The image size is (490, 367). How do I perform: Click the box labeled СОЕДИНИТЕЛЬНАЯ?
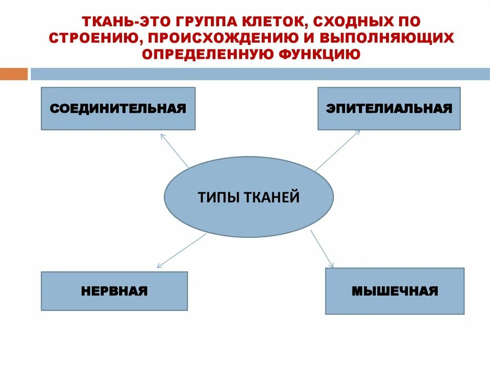coord(118,109)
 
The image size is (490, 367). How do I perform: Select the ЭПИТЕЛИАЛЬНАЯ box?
coord(389,109)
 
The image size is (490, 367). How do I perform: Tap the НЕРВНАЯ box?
coord(114,291)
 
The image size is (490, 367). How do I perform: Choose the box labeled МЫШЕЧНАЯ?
coord(395,291)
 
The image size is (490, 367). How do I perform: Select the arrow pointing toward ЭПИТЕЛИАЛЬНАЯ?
coord(337,150)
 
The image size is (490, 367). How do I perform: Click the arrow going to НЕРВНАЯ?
coord(182,250)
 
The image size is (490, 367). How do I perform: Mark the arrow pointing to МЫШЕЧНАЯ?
coord(322,248)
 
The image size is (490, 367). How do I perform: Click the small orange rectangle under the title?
coord(14,74)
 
